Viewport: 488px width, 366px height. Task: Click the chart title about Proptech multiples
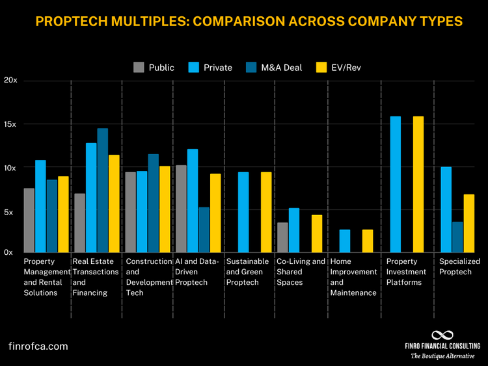pyautogui.click(x=249, y=21)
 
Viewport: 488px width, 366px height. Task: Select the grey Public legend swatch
pyautogui.click(x=139, y=67)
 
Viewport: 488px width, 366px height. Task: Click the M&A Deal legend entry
pyautogui.click(x=274, y=67)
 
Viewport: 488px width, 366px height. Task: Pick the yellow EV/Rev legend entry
pyautogui.click(x=337, y=67)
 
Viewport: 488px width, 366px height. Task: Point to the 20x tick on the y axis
pyautogui.click(x=11, y=81)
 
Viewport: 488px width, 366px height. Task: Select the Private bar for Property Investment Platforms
pyautogui.click(x=395, y=184)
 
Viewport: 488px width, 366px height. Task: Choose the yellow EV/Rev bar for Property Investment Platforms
pyautogui.click(x=418, y=184)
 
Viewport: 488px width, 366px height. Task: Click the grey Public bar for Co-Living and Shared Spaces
pyautogui.click(x=282, y=237)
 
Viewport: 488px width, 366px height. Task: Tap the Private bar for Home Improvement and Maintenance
pyautogui.click(x=345, y=241)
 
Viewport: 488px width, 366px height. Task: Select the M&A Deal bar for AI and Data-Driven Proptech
pyautogui.click(x=204, y=229)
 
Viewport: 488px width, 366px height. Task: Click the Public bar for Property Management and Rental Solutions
pyautogui.click(x=29, y=220)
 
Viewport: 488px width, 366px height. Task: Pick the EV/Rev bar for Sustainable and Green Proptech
pyautogui.click(x=266, y=212)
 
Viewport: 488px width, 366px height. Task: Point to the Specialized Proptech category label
pyautogui.click(x=460, y=267)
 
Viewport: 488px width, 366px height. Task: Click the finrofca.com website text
pyautogui.click(x=38, y=346)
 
